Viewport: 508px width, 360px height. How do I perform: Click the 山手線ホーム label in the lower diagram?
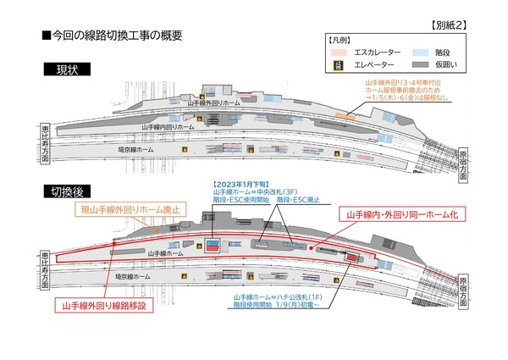[x=164, y=252]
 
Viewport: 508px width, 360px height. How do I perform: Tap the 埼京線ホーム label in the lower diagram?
[x=132, y=276]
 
